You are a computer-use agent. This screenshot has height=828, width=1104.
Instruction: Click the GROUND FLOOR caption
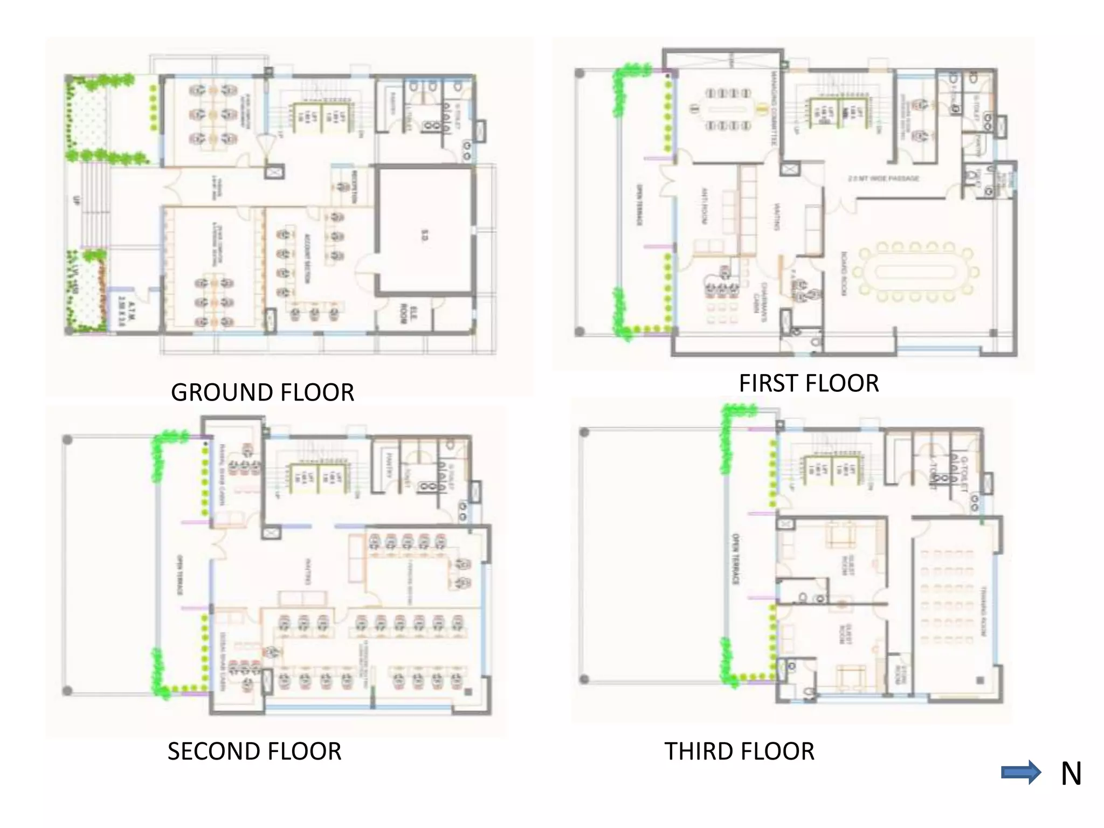click(263, 392)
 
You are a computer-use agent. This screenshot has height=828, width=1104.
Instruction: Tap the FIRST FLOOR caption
click(809, 383)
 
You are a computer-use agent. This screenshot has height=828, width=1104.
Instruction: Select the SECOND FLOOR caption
click(254, 751)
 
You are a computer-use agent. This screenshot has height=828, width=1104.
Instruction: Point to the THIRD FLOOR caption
click(739, 751)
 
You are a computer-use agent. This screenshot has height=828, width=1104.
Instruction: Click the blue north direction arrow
click(1020, 773)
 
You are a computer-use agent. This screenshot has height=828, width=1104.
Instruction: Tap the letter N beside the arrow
click(1071, 774)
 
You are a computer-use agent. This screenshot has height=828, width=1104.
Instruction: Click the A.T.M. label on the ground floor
click(126, 313)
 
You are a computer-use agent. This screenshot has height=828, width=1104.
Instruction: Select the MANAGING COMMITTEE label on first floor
click(774, 111)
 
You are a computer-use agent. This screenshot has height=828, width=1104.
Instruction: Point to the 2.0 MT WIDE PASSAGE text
click(884, 178)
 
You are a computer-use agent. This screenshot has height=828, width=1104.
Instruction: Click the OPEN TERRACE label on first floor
click(640, 205)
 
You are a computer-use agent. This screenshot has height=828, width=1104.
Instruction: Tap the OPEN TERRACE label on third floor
click(735, 559)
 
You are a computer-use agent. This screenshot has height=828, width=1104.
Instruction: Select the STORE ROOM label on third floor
click(899, 674)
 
